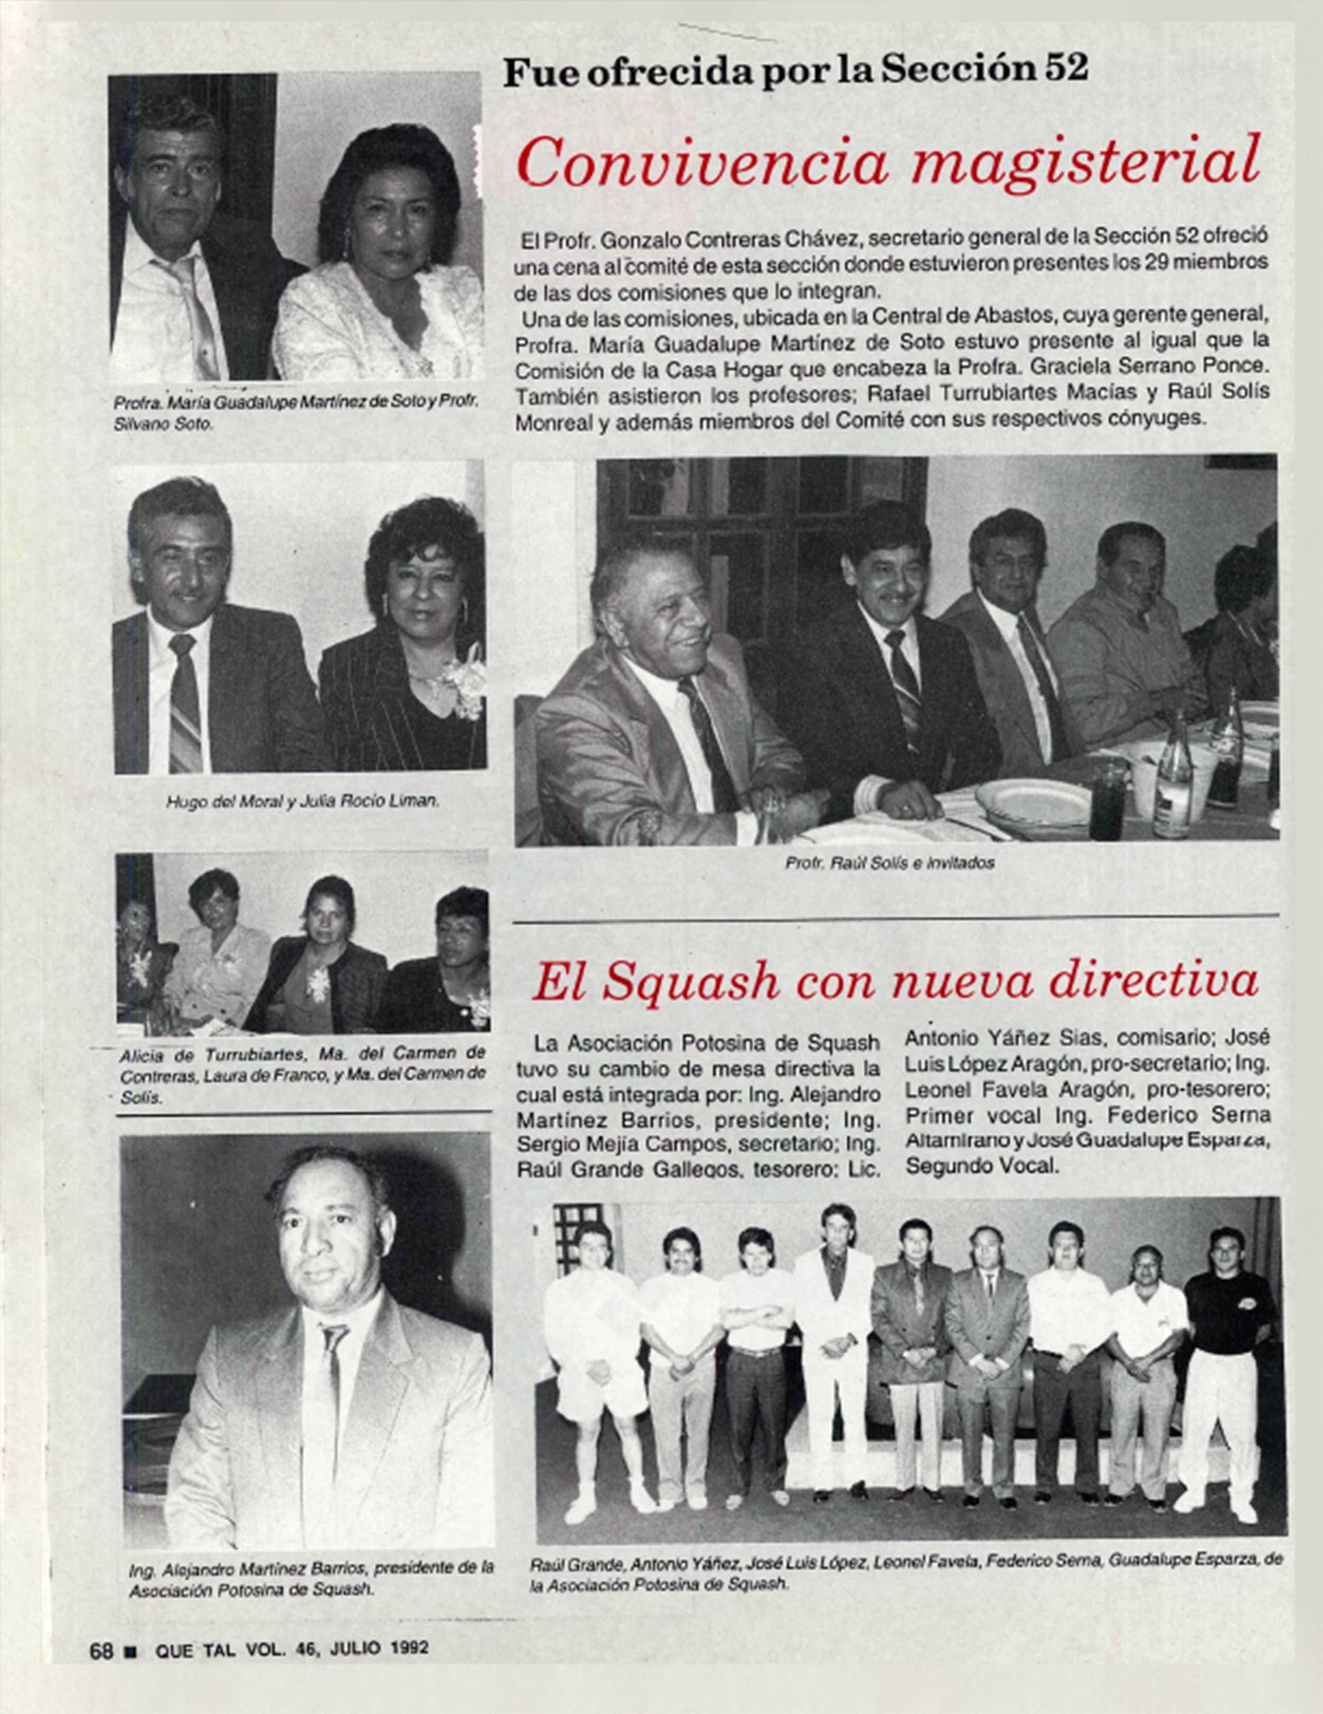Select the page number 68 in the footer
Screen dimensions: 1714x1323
[102, 1649]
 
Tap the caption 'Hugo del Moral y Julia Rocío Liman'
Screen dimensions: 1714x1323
[302, 802]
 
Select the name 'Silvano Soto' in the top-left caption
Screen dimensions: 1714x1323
[163, 424]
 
